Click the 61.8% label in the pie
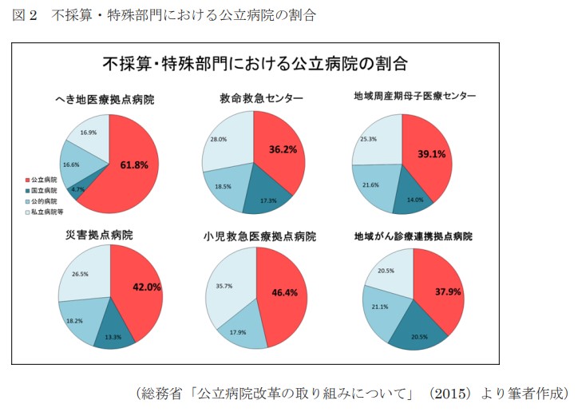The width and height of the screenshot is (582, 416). coord(133,165)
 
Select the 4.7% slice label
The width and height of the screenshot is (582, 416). coord(77,189)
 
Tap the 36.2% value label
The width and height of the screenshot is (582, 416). coord(283,149)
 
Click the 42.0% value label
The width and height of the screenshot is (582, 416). coord(146,287)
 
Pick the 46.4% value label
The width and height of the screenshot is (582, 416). coord(284,292)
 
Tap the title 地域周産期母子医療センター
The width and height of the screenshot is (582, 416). coord(414,96)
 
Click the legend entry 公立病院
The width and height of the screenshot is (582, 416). coord(42,180)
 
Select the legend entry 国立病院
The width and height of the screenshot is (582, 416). coord(42,192)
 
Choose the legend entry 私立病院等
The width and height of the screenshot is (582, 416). coord(45,213)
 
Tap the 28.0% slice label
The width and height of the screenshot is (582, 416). coord(218,139)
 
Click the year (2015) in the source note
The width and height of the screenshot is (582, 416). coord(449,394)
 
